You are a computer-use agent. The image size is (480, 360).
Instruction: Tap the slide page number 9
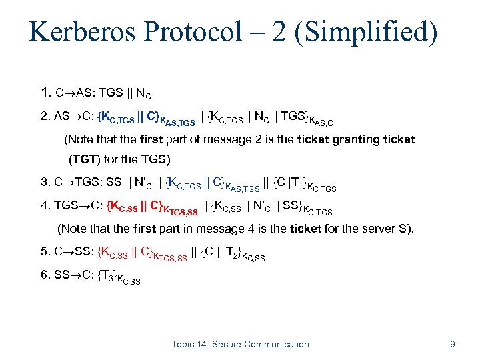(x=453, y=344)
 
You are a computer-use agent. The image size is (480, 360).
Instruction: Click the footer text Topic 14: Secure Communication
(x=240, y=344)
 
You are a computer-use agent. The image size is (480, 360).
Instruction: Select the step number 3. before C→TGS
(x=46, y=181)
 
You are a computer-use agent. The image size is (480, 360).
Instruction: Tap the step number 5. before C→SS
(x=46, y=252)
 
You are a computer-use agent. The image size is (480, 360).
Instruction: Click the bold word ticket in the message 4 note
(x=305, y=229)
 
